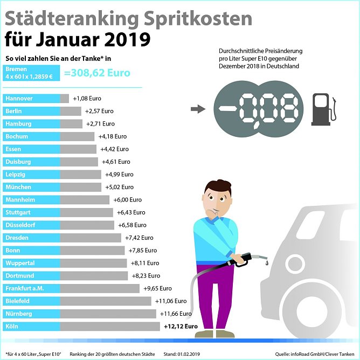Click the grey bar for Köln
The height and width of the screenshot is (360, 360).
110,326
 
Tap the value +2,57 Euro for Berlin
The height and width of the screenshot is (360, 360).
99,111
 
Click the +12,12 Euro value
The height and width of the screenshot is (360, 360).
181,326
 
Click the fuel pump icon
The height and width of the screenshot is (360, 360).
322,109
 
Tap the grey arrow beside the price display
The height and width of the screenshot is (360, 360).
198,109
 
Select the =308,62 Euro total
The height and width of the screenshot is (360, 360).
97,73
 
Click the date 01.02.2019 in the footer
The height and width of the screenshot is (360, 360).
190,354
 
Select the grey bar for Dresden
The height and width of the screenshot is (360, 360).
91,238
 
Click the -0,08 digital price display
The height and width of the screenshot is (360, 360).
256,109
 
